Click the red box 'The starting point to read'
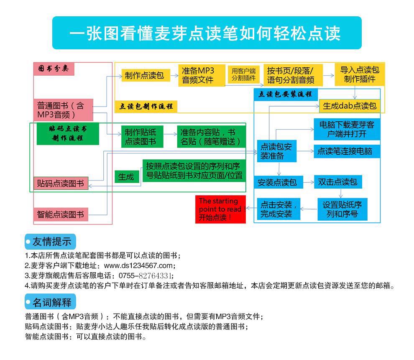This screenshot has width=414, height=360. [x=220, y=209]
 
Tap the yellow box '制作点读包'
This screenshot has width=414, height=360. [x=144, y=76]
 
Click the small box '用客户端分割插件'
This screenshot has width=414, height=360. [x=243, y=74]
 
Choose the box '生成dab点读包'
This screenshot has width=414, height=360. [x=349, y=106]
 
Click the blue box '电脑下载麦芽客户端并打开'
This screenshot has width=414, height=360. [x=347, y=129]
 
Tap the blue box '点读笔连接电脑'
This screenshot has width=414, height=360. [x=347, y=151]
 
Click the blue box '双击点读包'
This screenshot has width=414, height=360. [x=337, y=182]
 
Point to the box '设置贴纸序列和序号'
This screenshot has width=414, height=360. [x=342, y=209]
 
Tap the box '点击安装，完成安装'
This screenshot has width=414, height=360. [x=279, y=209]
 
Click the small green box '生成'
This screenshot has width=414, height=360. [x=126, y=176]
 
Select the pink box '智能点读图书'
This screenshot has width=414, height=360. [x=60, y=214]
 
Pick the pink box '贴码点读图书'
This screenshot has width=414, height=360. [x=61, y=183]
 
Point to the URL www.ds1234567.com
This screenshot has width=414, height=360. [x=138, y=266]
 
